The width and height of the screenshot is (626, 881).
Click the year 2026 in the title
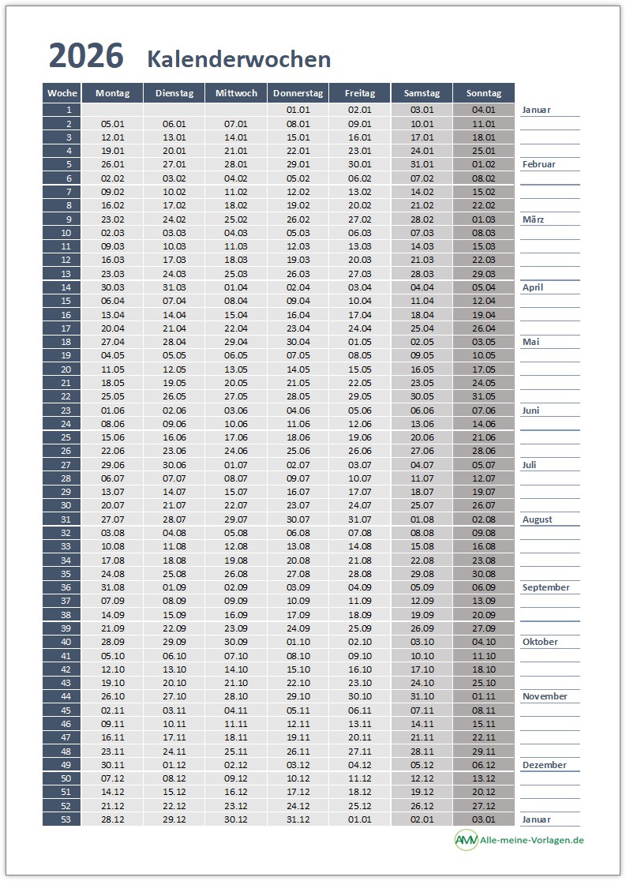click(x=86, y=57)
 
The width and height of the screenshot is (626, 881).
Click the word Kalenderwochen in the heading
click(x=238, y=59)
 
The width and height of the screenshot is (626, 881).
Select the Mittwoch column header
click(x=236, y=93)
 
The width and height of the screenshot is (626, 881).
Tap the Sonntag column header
click(x=484, y=93)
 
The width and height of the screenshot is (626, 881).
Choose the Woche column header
click(x=62, y=93)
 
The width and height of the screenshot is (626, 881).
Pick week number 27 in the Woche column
click(x=66, y=465)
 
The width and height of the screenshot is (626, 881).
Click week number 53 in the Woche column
click(x=66, y=819)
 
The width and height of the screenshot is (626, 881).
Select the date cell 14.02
click(x=422, y=192)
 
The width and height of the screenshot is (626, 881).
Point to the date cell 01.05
click(x=360, y=342)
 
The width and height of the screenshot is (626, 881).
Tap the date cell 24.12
click(x=298, y=806)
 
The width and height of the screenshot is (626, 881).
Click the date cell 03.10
click(x=422, y=642)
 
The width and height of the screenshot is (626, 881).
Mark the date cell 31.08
click(x=113, y=587)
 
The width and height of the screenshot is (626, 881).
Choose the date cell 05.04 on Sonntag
click(x=484, y=287)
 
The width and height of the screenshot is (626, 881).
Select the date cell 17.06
click(x=236, y=437)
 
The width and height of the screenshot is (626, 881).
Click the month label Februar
click(x=539, y=165)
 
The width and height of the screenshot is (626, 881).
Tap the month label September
click(x=546, y=587)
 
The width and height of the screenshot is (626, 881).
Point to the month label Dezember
click(x=545, y=765)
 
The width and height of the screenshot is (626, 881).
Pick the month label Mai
click(x=530, y=342)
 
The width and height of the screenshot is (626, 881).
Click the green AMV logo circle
click(x=466, y=840)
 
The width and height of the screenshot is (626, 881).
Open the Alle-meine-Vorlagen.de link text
click(x=531, y=840)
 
